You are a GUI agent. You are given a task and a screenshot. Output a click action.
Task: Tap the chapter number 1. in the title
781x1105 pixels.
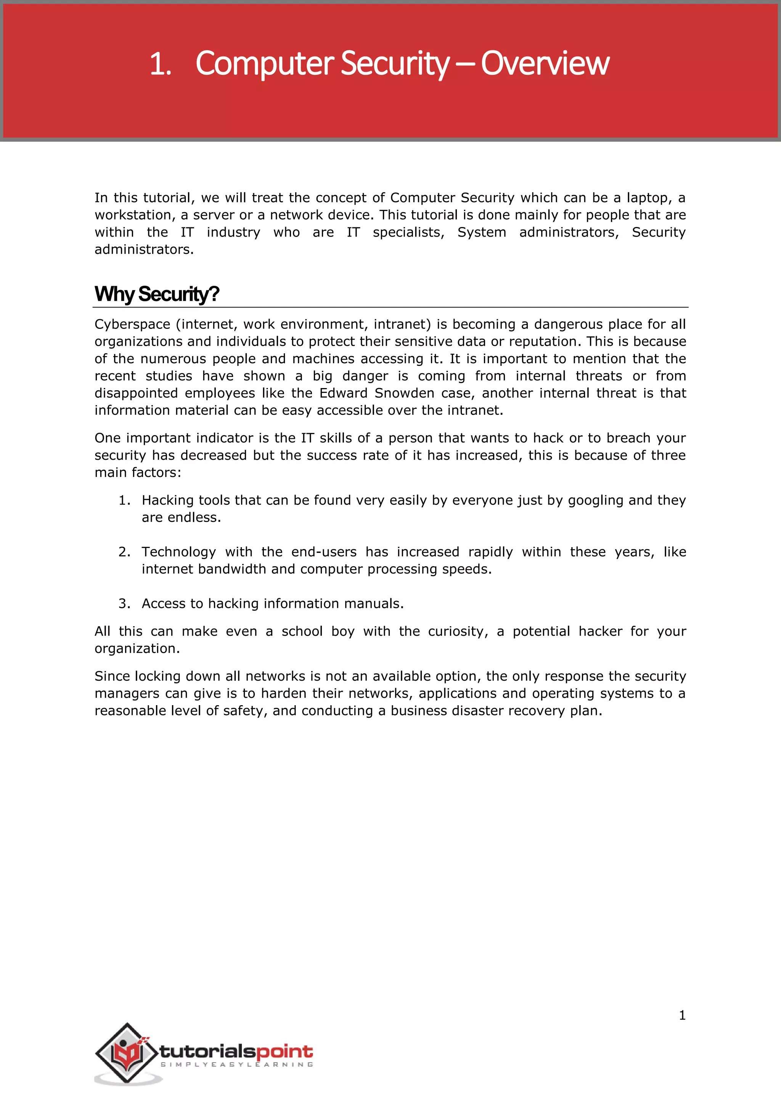(x=160, y=64)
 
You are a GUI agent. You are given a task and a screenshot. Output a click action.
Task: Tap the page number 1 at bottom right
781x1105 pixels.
(x=682, y=1015)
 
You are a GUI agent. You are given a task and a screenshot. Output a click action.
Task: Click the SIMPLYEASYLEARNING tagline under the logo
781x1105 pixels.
(x=236, y=1065)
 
